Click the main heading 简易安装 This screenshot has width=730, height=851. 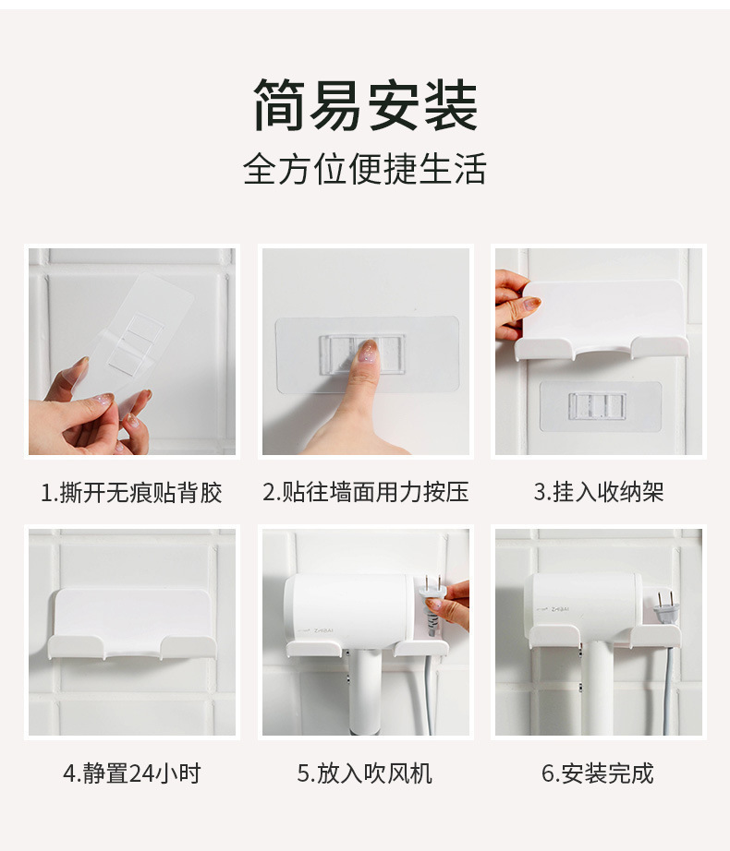pyautogui.click(x=365, y=104)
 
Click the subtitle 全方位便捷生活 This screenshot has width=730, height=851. pyautogui.click(x=364, y=169)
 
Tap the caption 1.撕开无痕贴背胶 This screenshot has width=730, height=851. pyautogui.click(x=131, y=493)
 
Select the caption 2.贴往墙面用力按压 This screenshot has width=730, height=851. pyautogui.click(x=366, y=492)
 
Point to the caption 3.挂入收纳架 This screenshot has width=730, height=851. pyautogui.click(x=599, y=492)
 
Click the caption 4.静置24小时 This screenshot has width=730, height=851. pyautogui.click(x=132, y=773)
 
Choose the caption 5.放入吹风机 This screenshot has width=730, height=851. pyautogui.click(x=364, y=773)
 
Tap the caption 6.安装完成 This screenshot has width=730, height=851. pyautogui.click(x=598, y=773)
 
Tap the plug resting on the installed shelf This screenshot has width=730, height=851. pyautogui.click(x=664, y=608)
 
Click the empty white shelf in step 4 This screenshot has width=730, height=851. pyautogui.click(x=132, y=624)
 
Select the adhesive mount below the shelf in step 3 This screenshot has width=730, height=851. pyautogui.click(x=601, y=406)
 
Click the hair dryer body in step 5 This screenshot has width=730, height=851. pyautogui.click(x=348, y=610)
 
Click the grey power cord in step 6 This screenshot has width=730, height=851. pyautogui.click(x=668, y=690)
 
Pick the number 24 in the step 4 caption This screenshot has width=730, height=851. pyautogui.click(x=142, y=773)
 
